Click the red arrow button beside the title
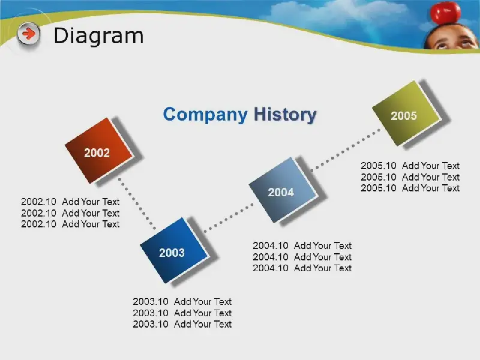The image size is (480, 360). tap(28, 34)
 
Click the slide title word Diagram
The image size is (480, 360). tap(98, 36)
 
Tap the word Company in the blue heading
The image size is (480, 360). tap(205, 115)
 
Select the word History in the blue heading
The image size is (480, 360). tap(285, 115)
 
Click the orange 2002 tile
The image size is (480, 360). tap(99, 151)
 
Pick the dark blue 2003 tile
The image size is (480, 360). tap(175, 250)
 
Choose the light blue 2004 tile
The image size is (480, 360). tap(283, 190)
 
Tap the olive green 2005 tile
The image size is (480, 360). tap(407, 113)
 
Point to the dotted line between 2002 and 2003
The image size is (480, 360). tap(137, 203)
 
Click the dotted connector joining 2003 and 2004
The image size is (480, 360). tap(229, 217)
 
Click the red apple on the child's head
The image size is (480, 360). tap(445, 13)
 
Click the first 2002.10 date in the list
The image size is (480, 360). tap(38, 202)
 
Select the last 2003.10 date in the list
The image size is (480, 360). tap(151, 324)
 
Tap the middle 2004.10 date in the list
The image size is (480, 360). tap(271, 257)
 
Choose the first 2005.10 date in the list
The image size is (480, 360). tap(379, 166)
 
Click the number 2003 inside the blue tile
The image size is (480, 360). tap(172, 253)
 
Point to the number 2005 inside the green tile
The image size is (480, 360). tap(404, 116)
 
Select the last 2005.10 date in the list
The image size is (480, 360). tap(379, 188)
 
